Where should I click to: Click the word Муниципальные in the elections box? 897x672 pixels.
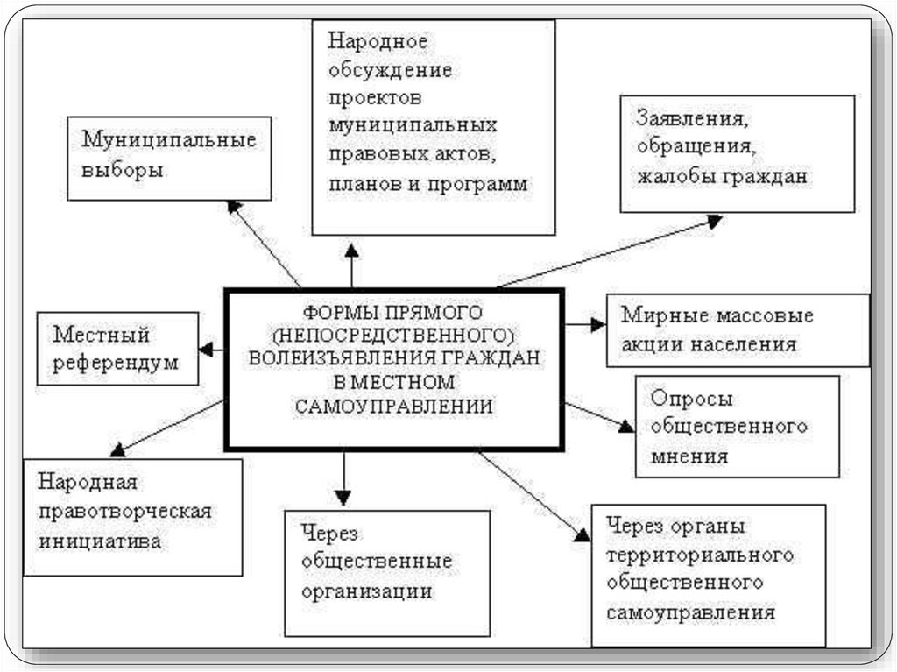coord(168,140)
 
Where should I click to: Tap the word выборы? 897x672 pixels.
coord(122,170)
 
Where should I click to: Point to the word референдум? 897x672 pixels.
coord(115,363)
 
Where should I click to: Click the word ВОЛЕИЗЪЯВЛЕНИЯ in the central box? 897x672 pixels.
coord(342,358)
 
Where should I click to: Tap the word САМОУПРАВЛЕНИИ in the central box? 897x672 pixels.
coord(393,407)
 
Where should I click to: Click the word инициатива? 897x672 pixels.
coord(99,541)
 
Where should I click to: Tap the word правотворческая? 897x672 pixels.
coord(125,512)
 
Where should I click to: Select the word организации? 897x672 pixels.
coord(366,591)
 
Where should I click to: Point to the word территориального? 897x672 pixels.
coord(699,556)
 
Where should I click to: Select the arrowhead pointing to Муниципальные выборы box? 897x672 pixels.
coord(233,207)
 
